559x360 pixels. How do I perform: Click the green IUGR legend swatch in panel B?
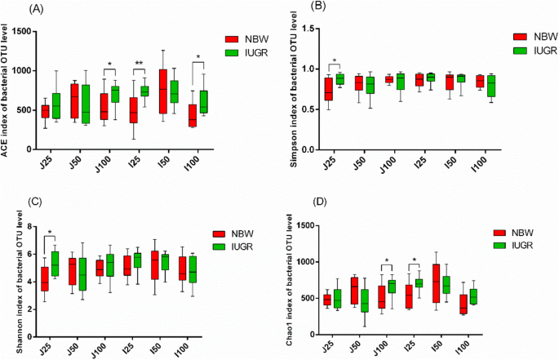(521, 50)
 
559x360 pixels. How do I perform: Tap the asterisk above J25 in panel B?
(334, 61)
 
